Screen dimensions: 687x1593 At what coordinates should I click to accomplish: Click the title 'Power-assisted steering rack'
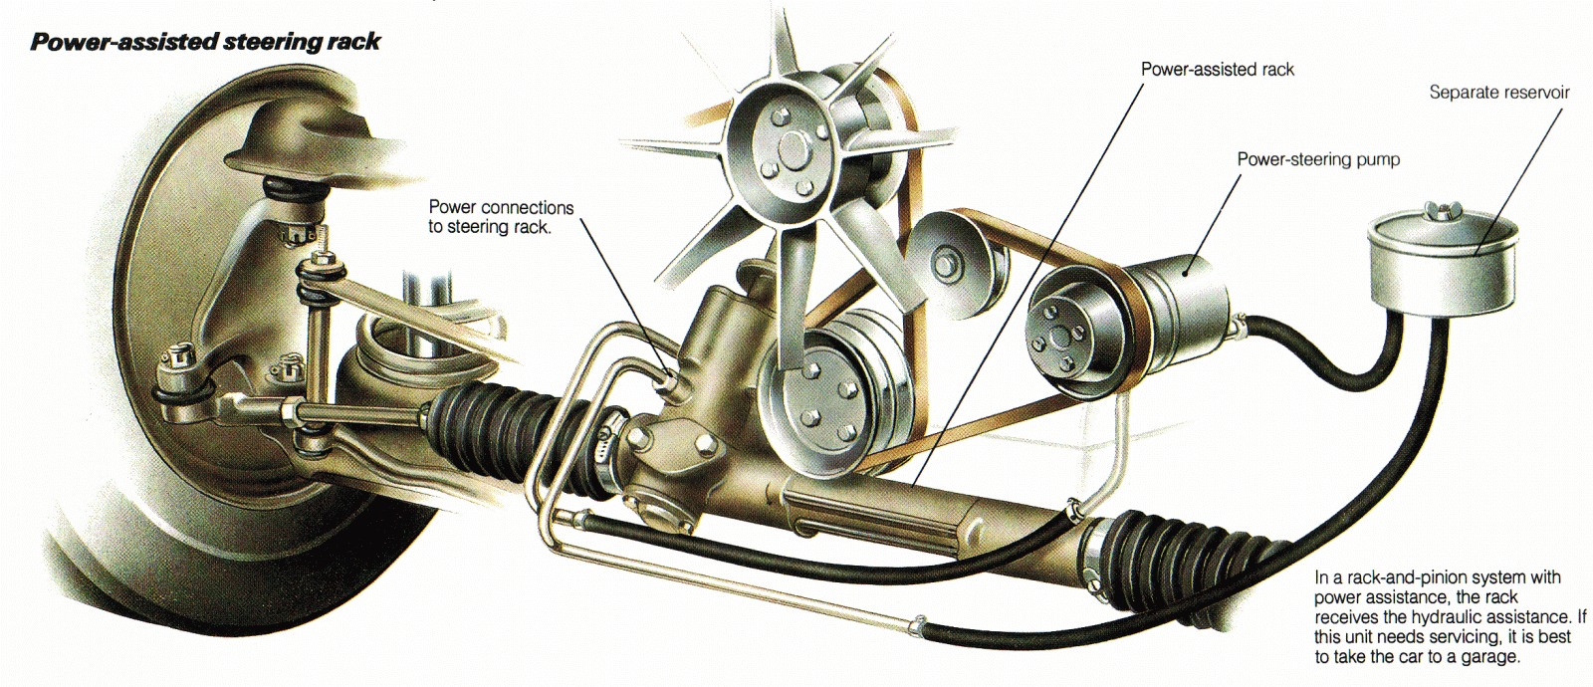[x=205, y=42]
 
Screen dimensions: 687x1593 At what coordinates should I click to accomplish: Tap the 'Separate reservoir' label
[x=1498, y=93]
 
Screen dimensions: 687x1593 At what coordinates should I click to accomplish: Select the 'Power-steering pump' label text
[x=1318, y=159]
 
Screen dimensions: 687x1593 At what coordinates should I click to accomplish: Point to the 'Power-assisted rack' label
[x=1217, y=70]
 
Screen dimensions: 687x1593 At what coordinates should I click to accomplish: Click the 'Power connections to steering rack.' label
[x=501, y=217]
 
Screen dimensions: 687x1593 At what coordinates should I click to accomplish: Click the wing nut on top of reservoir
[x=1440, y=211]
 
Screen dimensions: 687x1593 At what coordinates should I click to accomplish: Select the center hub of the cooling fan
[x=794, y=149]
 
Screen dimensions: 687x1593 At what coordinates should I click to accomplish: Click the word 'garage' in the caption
[x=1488, y=657]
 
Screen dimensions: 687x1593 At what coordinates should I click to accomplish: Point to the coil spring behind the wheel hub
[x=398, y=343]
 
